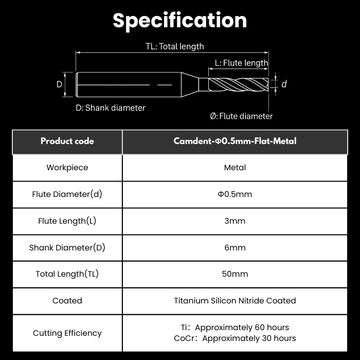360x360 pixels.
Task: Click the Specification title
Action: coord(180,21)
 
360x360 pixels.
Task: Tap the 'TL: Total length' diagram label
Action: coord(175,46)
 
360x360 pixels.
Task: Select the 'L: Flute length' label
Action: coord(241,63)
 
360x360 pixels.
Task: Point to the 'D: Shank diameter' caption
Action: coord(111,107)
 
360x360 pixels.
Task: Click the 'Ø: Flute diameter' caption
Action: coord(241,116)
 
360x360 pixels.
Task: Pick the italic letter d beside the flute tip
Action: coord(284,84)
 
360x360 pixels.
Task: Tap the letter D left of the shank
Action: coord(59,84)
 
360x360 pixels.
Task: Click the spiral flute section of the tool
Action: coord(238,84)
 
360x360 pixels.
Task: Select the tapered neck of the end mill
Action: coord(190,84)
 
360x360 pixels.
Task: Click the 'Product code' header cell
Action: coord(67,141)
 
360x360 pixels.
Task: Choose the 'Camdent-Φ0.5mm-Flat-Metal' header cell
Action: coord(235,141)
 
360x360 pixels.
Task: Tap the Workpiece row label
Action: coord(67,168)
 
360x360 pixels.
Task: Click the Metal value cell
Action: coord(235,168)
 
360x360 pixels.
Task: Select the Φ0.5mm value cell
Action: coord(235,194)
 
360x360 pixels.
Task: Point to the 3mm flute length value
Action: coord(235,221)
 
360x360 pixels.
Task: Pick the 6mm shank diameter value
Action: coord(235,247)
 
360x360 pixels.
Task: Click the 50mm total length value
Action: coord(235,274)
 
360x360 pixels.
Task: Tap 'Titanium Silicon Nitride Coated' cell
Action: coord(235,301)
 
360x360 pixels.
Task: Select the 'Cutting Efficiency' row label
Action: coord(67,333)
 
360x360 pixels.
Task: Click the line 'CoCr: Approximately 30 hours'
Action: coord(235,338)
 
